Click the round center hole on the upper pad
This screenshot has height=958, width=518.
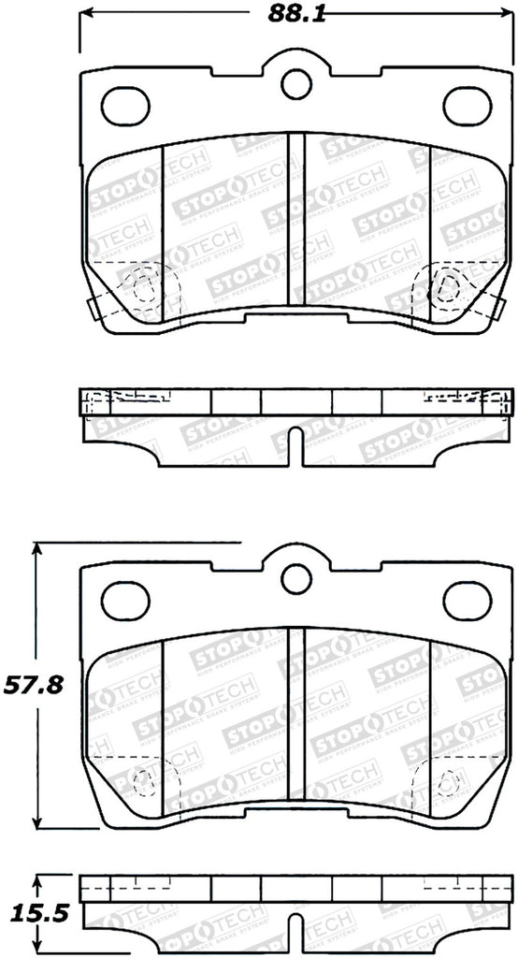point(296,80)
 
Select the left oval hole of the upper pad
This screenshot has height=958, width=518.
point(125,105)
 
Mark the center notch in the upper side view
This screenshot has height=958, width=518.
point(296,444)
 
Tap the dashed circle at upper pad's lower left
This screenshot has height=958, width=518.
point(143,289)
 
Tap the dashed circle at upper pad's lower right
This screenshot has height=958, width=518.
point(446,289)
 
